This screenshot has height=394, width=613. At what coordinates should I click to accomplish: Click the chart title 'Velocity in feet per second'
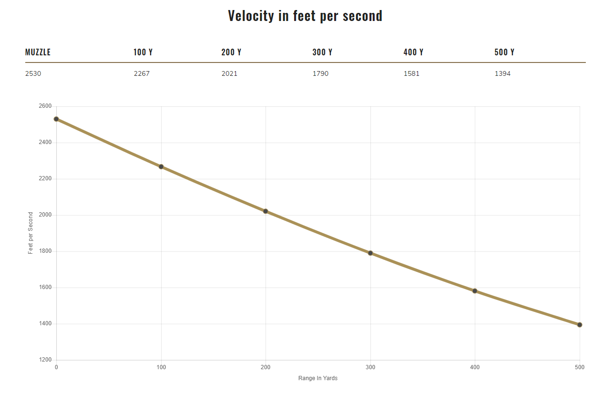(x=305, y=16)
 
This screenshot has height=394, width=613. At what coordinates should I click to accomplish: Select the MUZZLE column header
(x=38, y=52)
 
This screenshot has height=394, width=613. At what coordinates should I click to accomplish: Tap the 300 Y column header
(x=322, y=52)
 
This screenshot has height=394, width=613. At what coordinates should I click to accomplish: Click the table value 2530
(x=33, y=73)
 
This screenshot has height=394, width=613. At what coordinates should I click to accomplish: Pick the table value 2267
(x=142, y=73)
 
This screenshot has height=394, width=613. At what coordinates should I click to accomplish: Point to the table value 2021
(x=229, y=73)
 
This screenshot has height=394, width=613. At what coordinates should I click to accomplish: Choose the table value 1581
(x=411, y=73)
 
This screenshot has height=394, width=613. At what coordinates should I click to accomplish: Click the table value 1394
(x=502, y=73)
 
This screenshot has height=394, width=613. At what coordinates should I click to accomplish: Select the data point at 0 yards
(x=56, y=119)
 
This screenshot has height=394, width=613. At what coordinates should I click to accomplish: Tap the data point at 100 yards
(x=161, y=166)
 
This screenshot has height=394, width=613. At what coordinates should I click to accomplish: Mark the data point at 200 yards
(x=266, y=211)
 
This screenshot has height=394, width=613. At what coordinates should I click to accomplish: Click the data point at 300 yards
(x=370, y=253)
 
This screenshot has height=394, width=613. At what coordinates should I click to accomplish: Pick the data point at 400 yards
(x=475, y=290)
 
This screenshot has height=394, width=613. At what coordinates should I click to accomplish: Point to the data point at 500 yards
(x=580, y=324)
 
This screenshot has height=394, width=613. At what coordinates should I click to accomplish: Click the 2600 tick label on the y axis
(x=45, y=106)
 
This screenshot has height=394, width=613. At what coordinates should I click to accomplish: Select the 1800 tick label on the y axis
(x=45, y=251)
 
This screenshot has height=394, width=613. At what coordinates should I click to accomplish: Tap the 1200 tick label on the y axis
(x=45, y=360)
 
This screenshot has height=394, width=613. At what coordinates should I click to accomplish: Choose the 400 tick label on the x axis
(x=475, y=367)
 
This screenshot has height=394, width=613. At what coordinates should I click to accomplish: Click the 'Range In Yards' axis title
(x=318, y=378)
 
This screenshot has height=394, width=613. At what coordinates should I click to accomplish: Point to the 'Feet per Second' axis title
(x=31, y=233)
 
